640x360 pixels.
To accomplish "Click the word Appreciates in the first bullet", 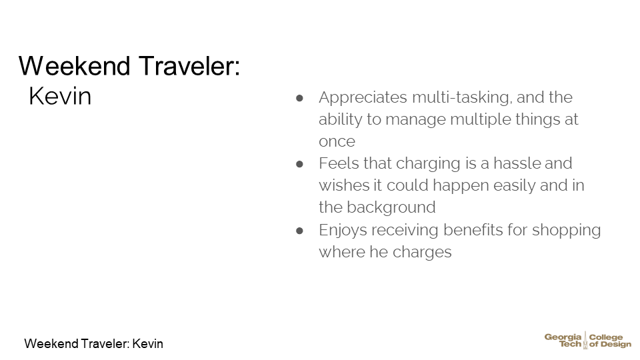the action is [x=363, y=98].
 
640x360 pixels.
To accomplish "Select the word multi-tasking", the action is [x=461, y=98].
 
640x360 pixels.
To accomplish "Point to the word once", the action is [x=337, y=141].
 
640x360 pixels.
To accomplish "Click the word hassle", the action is [x=517, y=163].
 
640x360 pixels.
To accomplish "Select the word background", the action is [x=391, y=207].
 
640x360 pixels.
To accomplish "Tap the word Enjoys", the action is [x=343, y=230].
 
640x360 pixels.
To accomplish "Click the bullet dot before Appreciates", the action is [x=299, y=98].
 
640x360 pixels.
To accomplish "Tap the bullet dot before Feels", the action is [x=299, y=164].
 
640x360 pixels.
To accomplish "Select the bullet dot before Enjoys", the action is [x=299, y=231].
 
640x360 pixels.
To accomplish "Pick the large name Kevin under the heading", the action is [x=60, y=97].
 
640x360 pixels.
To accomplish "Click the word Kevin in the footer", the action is [x=148, y=344].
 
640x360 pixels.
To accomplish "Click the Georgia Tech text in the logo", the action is [x=563, y=341].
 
